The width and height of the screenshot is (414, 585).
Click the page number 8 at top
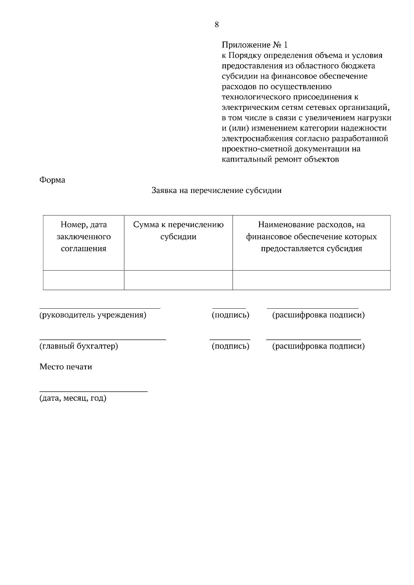click(217, 24)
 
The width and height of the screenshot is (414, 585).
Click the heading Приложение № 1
click(254, 45)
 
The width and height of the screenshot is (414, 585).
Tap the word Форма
click(52, 180)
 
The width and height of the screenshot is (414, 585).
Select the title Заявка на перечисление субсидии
click(217, 191)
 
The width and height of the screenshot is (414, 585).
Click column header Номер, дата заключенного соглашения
click(83, 237)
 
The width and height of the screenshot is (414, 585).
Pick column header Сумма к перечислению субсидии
click(178, 231)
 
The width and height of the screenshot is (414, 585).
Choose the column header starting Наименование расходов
click(311, 237)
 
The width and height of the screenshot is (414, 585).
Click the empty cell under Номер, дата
click(83, 280)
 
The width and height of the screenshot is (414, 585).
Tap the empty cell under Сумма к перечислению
click(178, 280)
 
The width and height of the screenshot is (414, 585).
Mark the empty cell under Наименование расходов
click(311, 280)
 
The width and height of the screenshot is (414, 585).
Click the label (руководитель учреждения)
click(93, 315)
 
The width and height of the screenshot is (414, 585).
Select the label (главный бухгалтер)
click(79, 346)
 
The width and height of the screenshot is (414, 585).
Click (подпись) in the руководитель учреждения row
click(230, 315)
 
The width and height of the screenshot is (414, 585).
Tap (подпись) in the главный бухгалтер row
click(230, 346)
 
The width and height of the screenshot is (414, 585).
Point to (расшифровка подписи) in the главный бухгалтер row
click(318, 346)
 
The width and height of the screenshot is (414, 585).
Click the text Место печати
click(66, 367)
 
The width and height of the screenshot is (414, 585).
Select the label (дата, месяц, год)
click(73, 398)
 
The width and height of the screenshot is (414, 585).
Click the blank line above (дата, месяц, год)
click(93, 391)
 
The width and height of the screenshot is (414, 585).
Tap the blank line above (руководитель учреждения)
click(100, 308)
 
